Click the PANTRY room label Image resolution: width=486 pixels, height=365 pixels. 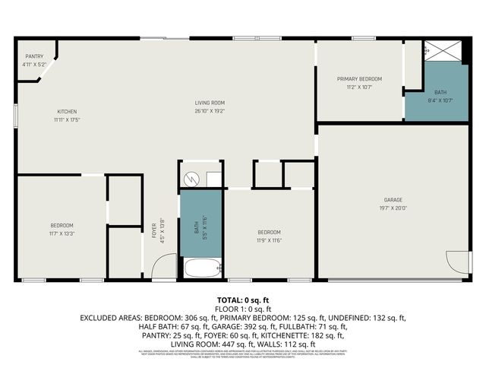[x=34, y=56]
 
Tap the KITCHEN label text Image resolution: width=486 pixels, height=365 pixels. [x=67, y=112]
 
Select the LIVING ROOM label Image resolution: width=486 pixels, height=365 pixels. [x=210, y=103]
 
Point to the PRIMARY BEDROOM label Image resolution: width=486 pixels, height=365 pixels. [x=359, y=79]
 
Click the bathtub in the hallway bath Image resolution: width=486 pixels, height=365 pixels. [x=201, y=268]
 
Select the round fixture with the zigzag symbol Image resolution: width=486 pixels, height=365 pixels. [x=192, y=179]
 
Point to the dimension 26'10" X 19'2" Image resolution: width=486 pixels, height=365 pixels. [x=210, y=111]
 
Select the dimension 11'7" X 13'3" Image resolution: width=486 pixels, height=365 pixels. [x=62, y=233]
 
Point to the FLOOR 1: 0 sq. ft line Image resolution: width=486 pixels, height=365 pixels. [x=243, y=309]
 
